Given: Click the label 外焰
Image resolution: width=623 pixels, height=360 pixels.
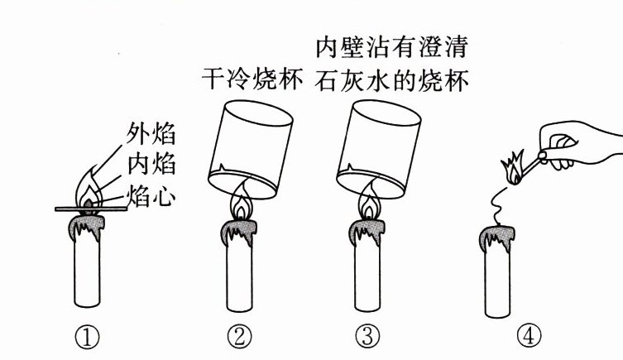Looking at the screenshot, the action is (x=151, y=132).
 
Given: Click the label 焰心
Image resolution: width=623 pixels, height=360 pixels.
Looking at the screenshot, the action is (x=151, y=196).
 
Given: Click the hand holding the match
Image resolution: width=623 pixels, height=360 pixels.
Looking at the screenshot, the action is (x=579, y=145).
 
